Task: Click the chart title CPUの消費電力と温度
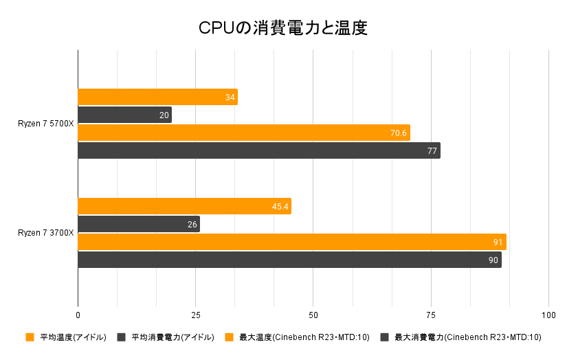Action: pos(283,27)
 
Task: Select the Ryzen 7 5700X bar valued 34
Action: pos(157,97)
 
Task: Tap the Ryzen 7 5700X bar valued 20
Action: pos(124,115)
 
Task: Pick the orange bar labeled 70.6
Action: pos(244,133)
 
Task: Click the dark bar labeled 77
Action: pos(259,150)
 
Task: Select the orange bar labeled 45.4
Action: pos(184,206)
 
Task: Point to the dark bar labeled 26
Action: pos(139,224)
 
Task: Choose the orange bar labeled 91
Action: pos(292,242)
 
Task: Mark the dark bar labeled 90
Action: pos(289,260)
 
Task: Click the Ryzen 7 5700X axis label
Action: pos(46,124)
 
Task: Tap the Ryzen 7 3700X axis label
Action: pos(46,233)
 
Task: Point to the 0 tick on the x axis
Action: pos(78,315)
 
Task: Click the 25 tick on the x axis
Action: pos(196,315)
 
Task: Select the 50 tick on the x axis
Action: pos(313,315)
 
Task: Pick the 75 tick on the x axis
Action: pos(431,315)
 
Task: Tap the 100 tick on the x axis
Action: pos(548,315)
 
